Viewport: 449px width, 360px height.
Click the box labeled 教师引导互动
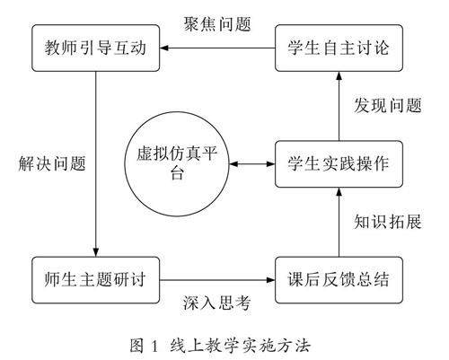point(96,48)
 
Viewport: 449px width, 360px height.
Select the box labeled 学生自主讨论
point(339,48)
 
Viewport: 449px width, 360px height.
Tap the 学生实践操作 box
point(339,164)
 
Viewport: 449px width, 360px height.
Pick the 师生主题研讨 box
point(96,280)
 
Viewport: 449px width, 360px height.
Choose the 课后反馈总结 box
point(339,280)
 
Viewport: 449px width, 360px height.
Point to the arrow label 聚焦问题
point(217,24)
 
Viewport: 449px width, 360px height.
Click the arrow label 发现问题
point(388,106)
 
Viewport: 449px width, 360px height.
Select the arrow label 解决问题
point(52,163)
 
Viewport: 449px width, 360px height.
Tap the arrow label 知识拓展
point(388,222)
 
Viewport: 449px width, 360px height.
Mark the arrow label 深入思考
point(216,303)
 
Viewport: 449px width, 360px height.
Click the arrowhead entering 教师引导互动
point(164,48)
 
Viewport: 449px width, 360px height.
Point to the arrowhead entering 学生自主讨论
point(339,76)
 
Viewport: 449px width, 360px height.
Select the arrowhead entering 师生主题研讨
point(96,252)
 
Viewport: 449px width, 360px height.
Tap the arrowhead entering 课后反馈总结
point(270,280)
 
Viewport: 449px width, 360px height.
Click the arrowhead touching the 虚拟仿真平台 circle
point(233,164)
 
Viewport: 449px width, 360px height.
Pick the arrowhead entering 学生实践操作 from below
point(339,192)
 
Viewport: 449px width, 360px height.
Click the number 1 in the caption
point(154,347)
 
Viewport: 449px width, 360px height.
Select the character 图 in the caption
point(137,346)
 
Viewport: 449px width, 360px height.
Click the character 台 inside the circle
point(177,172)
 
